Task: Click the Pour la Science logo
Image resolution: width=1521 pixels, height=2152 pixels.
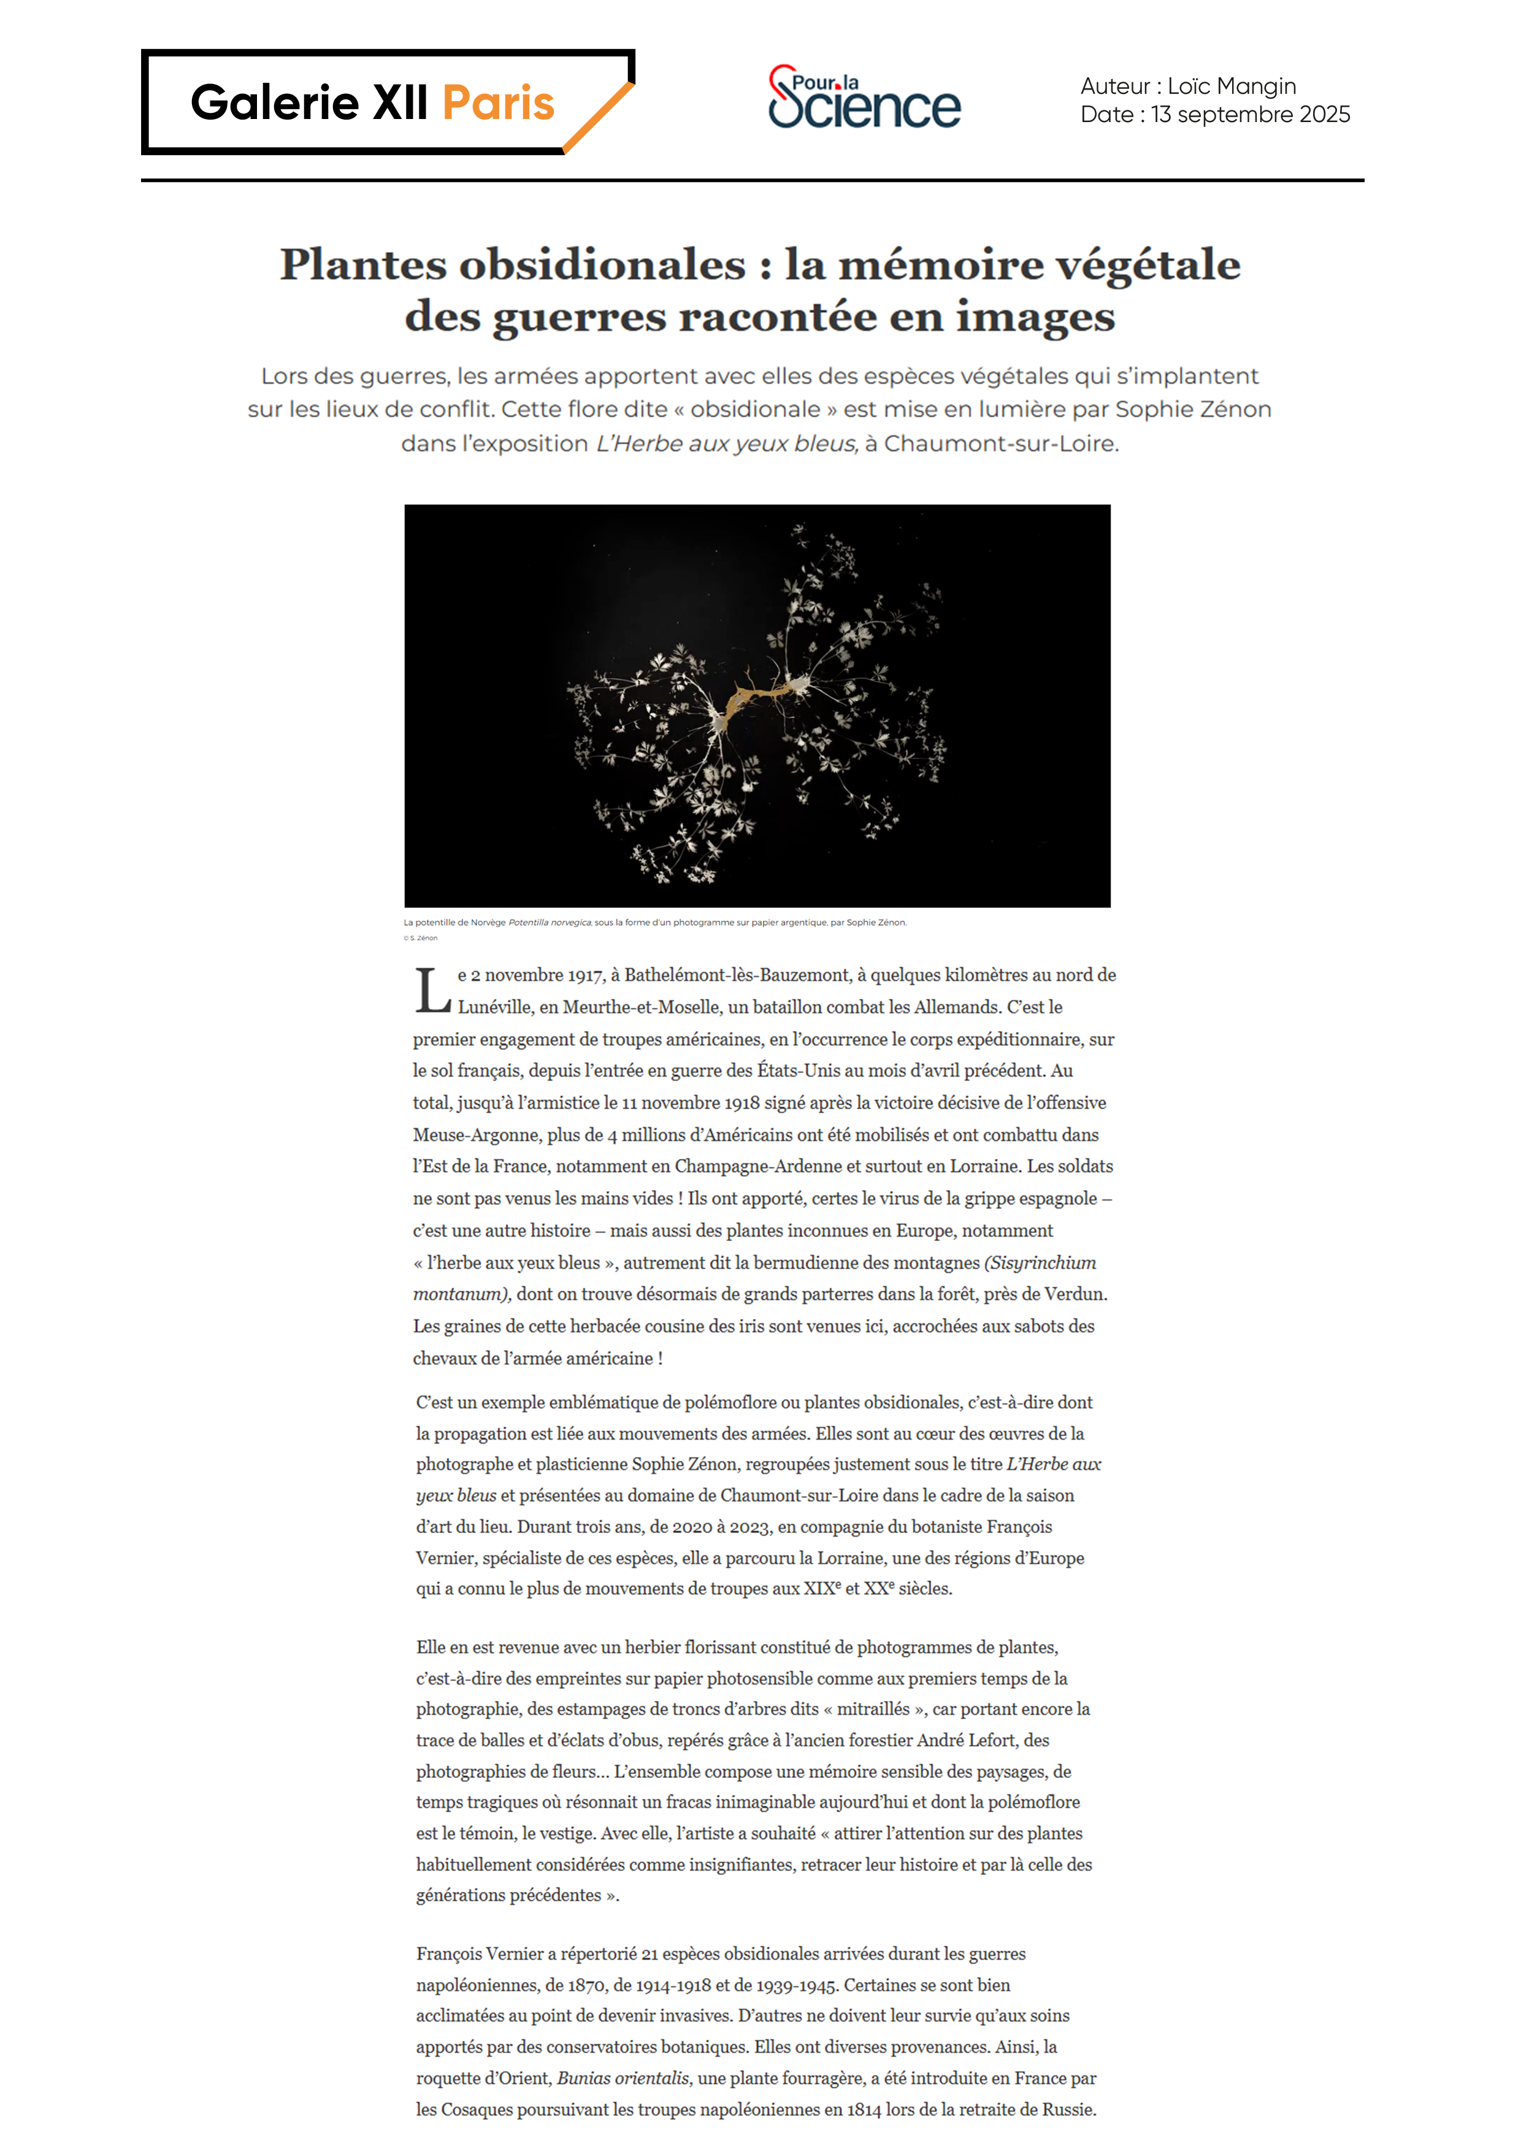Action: [x=864, y=98]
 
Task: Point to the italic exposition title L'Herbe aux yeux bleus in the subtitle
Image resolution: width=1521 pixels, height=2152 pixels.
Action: [x=726, y=444]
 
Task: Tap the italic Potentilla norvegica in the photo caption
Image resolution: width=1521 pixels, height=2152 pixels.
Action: [x=550, y=922]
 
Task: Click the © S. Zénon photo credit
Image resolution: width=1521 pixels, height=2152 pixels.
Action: [x=420, y=937]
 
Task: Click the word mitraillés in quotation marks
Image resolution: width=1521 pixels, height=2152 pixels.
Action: [x=873, y=1708]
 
